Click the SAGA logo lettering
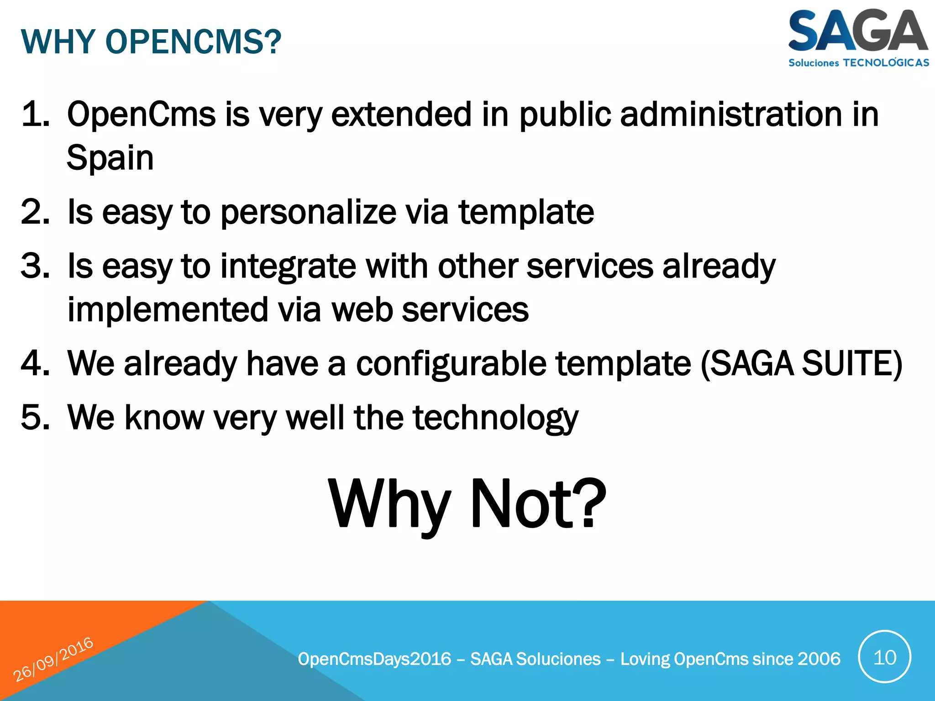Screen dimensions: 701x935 click(857, 31)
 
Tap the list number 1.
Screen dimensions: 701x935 click(35, 114)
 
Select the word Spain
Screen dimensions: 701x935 click(110, 158)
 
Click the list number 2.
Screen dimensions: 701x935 click(35, 212)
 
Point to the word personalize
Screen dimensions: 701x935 click(309, 213)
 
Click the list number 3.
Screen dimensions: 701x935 click(35, 266)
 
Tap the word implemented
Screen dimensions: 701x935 click(167, 310)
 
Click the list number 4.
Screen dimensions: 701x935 click(35, 363)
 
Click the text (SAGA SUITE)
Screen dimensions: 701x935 click(801, 364)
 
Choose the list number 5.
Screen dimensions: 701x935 click(35, 417)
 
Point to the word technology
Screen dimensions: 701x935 click(496, 418)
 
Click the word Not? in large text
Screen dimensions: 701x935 click(538, 504)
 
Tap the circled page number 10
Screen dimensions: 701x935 click(884, 657)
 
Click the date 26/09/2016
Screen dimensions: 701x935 click(53, 659)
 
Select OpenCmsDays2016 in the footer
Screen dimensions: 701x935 click(374, 659)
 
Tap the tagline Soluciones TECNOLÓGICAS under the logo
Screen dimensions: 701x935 click(858, 63)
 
